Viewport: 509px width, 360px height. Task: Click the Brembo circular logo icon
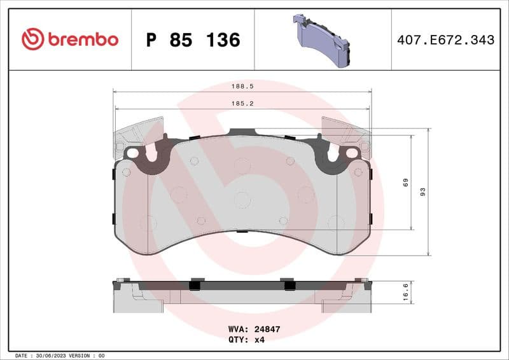coord(32,39)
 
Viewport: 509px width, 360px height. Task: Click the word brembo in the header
coord(82,39)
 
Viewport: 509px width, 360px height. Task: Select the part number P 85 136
coord(193,40)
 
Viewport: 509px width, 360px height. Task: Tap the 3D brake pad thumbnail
coord(322,39)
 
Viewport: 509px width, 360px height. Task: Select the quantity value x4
coord(260,340)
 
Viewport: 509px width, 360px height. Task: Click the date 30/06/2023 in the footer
coord(52,355)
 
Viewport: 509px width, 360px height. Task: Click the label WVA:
coord(237,329)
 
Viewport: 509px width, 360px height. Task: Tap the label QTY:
coord(237,340)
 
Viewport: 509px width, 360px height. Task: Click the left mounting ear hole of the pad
coord(133,153)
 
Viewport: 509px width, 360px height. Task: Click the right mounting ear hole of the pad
coord(351,153)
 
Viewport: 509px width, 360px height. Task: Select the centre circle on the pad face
coord(242,200)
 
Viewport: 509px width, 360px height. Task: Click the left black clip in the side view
coord(197,284)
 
